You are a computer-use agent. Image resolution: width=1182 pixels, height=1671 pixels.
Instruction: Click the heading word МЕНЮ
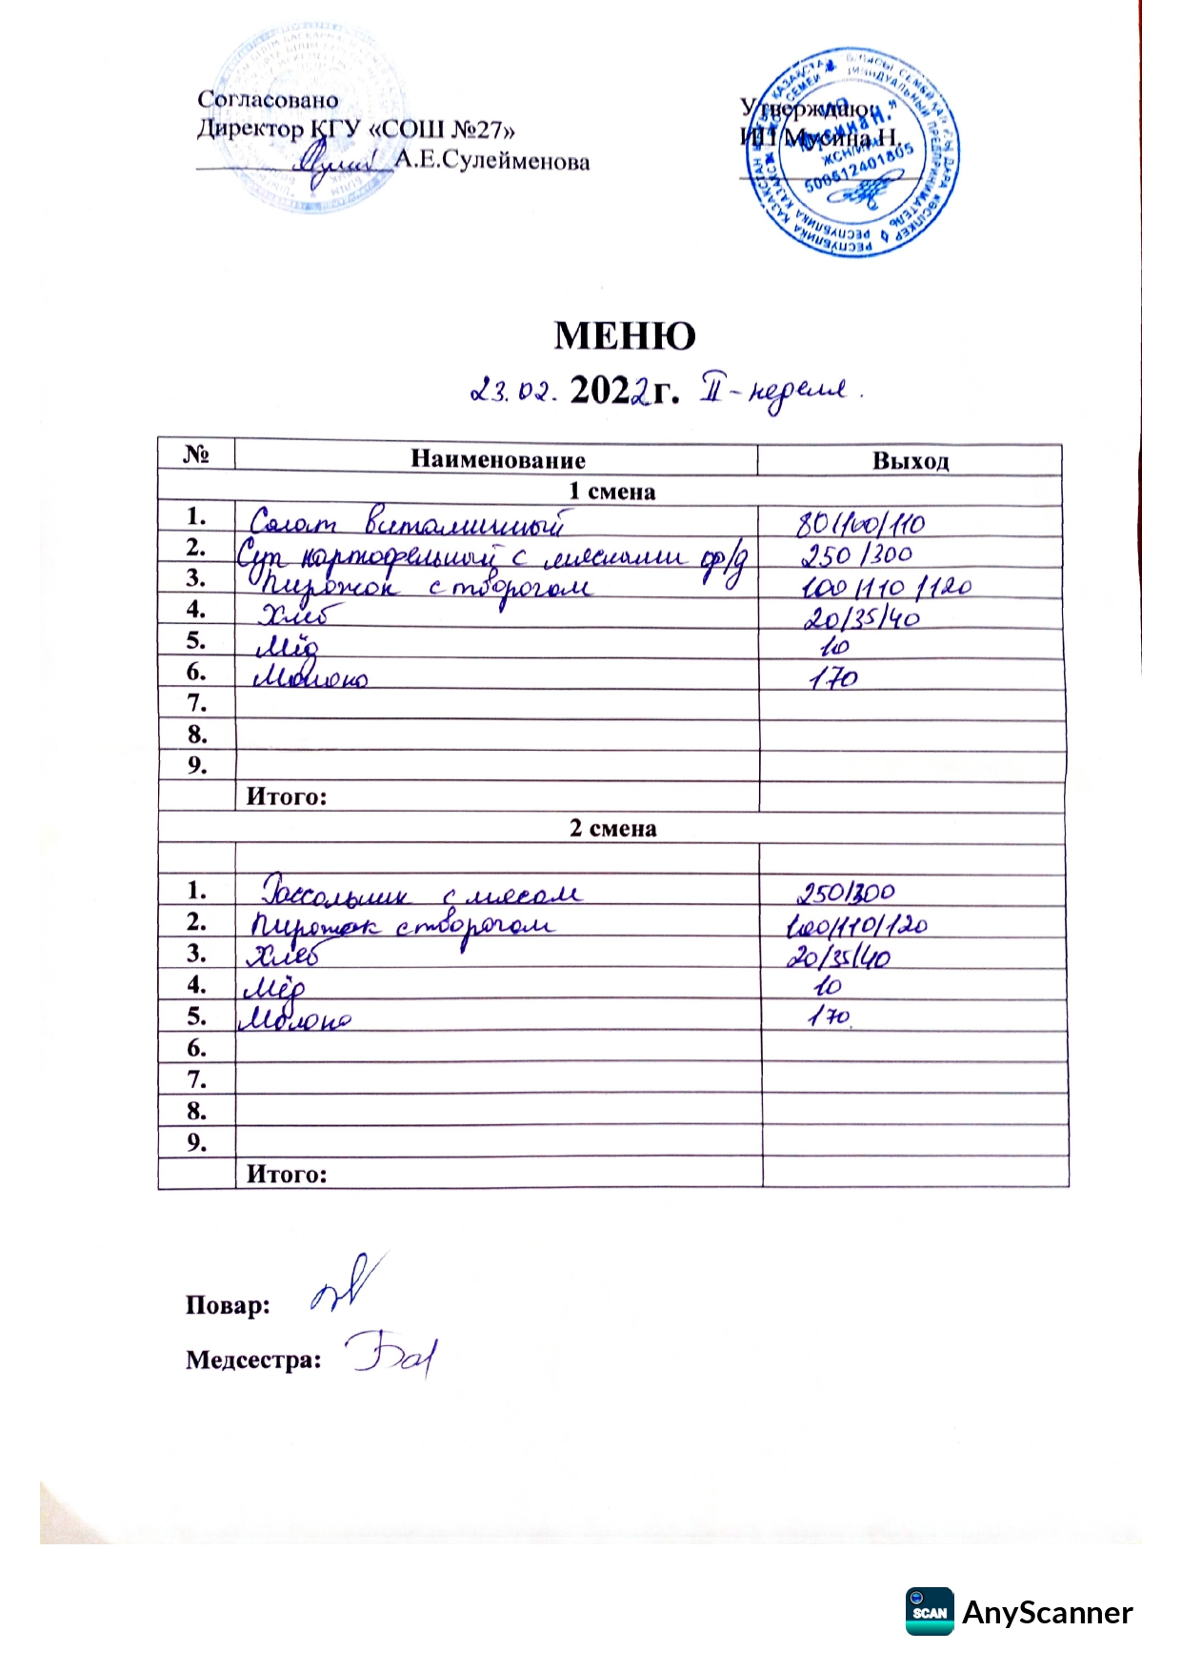[x=625, y=335]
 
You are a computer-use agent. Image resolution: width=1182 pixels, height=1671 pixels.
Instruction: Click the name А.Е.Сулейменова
[x=492, y=161]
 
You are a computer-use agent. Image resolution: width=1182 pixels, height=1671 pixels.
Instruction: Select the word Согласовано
[x=268, y=100]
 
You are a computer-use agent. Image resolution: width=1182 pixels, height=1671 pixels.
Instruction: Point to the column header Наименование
[x=497, y=460]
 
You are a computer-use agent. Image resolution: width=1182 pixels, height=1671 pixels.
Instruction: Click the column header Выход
[x=911, y=461]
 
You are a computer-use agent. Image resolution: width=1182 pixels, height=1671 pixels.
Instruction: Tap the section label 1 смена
[x=611, y=492]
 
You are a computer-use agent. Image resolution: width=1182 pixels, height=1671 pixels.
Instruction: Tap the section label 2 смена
[x=612, y=828]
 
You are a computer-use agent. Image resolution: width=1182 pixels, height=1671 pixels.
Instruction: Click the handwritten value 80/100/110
[x=860, y=523]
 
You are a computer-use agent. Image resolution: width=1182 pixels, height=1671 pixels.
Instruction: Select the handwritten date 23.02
[x=512, y=391]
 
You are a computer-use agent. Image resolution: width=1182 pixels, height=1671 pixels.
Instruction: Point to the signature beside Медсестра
[x=391, y=1354]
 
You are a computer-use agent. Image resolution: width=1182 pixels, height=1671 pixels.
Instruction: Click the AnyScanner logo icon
[x=929, y=1611]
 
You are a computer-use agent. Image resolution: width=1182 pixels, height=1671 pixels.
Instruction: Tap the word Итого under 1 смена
[x=286, y=796]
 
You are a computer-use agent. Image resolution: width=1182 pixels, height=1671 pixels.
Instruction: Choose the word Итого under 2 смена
[x=286, y=1174]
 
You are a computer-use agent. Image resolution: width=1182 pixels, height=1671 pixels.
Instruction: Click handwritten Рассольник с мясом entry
[x=419, y=893]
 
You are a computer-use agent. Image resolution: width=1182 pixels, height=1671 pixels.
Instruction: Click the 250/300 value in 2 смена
[x=846, y=893]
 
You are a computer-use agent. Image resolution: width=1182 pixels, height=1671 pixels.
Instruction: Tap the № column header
[x=195, y=454]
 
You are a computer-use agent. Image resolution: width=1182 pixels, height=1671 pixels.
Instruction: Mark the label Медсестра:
[x=253, y=1359]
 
